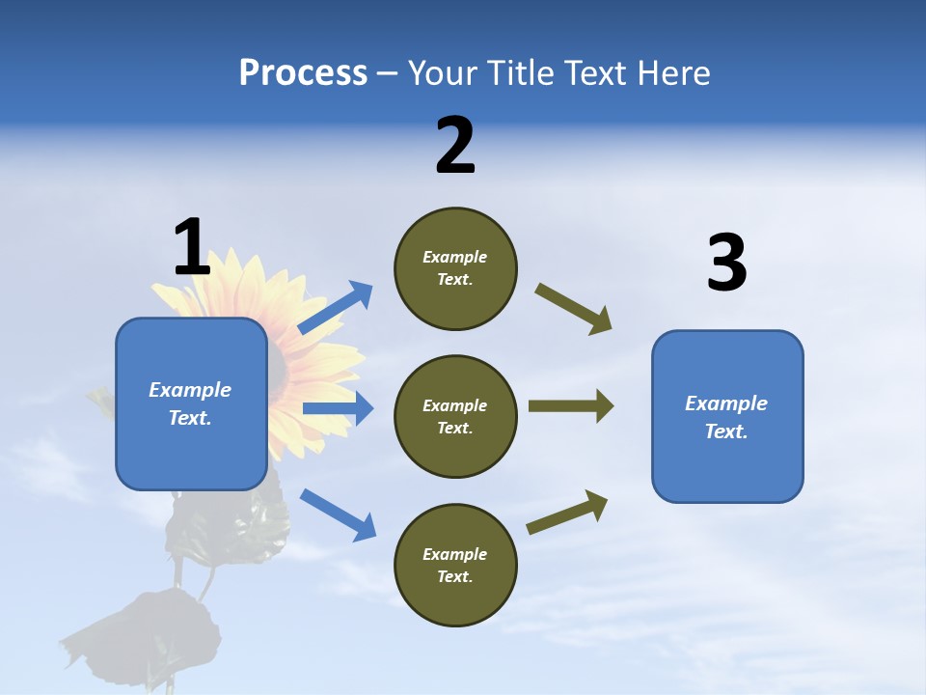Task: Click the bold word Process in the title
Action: [x=303, y=72]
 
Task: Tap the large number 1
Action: [x=192, y=247]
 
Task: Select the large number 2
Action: [x=455, y=146]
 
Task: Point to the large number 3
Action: [x=726, y=263]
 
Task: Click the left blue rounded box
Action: [x=191, y=403]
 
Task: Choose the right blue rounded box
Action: [x=727, y=416]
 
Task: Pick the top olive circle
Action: [x=455, y=268]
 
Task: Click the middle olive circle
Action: [x=455, y=416]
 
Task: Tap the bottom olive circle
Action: [x=455, y=565]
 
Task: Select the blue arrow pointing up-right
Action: [x=336, y=308]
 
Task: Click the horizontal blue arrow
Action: [x=337, y=408]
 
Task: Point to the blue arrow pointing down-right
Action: [x=338, y=514]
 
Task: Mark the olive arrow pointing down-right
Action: [x=574, y=308]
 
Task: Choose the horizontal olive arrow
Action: [x=570, y=405]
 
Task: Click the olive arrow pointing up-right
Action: [x=568, y=512]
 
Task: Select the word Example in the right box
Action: [x=726, y=403]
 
